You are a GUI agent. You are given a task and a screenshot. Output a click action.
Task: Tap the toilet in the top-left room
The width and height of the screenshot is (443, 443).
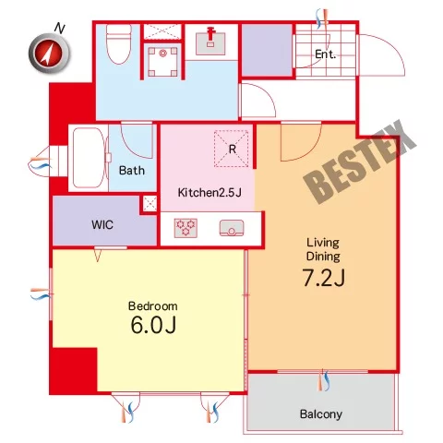coord(119,44)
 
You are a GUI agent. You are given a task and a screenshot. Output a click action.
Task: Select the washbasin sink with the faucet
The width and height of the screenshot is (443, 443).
coord(210,42)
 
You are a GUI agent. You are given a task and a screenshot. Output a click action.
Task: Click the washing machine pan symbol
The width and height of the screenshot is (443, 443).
coord(162,62)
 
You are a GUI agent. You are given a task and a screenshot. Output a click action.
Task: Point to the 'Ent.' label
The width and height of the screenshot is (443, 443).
coord(325,54)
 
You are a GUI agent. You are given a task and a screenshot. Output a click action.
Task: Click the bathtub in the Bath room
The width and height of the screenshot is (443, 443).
coord(90,158)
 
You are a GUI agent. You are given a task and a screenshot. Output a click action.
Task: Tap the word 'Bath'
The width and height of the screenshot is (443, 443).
coord(132,171)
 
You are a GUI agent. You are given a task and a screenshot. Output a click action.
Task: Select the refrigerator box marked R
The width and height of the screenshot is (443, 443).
coord(231,149)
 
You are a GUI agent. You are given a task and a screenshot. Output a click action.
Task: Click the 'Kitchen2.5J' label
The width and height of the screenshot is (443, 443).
coord(210,193)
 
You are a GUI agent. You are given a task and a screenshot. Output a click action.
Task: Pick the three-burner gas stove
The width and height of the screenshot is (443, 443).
coord(186,228)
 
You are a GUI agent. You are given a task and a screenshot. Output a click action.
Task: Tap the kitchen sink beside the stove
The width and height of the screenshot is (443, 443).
coord(232,228)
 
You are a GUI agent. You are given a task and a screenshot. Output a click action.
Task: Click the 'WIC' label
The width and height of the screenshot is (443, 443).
coord(102,225)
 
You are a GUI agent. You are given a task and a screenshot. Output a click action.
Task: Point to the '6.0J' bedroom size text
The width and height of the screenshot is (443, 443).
coord(153,325)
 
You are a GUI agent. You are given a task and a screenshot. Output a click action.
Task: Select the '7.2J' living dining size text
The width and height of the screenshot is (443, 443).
coord(324,278)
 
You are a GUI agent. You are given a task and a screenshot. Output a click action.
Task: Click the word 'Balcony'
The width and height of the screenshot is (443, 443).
coord(321,414)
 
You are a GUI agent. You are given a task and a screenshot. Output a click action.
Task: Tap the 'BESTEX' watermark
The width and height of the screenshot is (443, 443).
coord(360,162)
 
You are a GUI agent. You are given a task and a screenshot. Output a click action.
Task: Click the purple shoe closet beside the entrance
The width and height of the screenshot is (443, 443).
coord(267,50)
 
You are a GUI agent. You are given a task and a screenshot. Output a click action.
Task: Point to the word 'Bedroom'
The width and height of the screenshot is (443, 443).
coord(152,306)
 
